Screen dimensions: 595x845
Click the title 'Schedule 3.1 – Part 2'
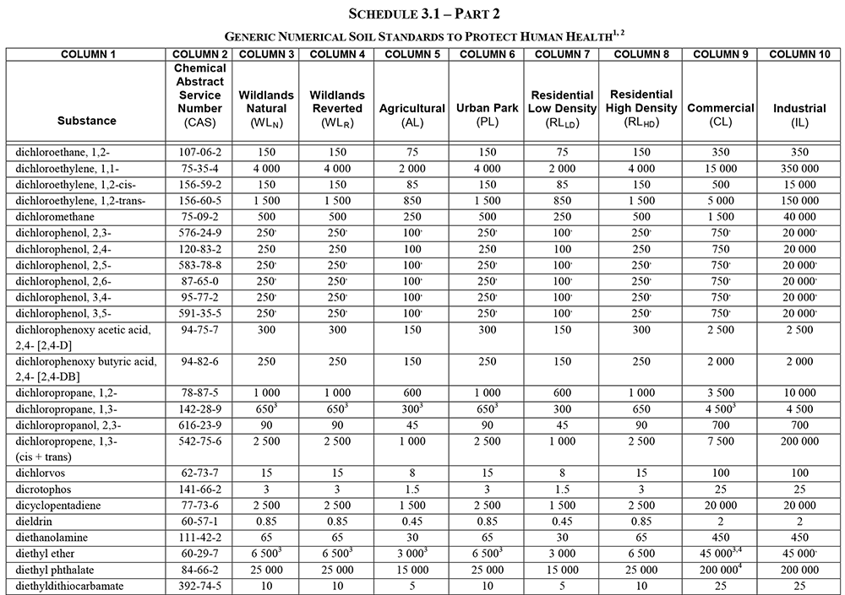422,14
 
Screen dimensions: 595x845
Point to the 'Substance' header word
87,121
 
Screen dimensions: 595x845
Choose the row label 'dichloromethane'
54,215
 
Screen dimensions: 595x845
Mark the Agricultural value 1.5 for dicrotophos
412,489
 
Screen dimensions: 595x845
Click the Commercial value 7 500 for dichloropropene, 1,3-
721,441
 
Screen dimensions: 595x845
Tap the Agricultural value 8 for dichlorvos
412,473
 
